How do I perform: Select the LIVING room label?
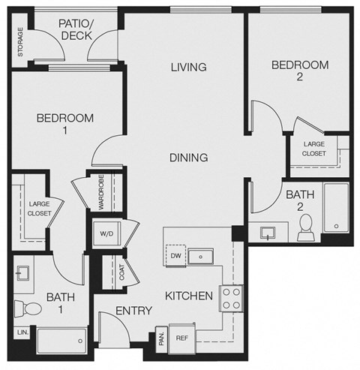188,68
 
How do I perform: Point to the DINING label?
188,158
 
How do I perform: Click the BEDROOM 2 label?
300,71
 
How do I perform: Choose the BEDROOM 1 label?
66,124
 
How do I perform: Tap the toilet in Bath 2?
305,227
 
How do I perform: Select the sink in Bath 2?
268,232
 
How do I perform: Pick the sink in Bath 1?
22,272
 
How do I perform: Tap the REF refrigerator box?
181,338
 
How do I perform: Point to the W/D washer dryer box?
106,233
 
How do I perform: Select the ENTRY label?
134,311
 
